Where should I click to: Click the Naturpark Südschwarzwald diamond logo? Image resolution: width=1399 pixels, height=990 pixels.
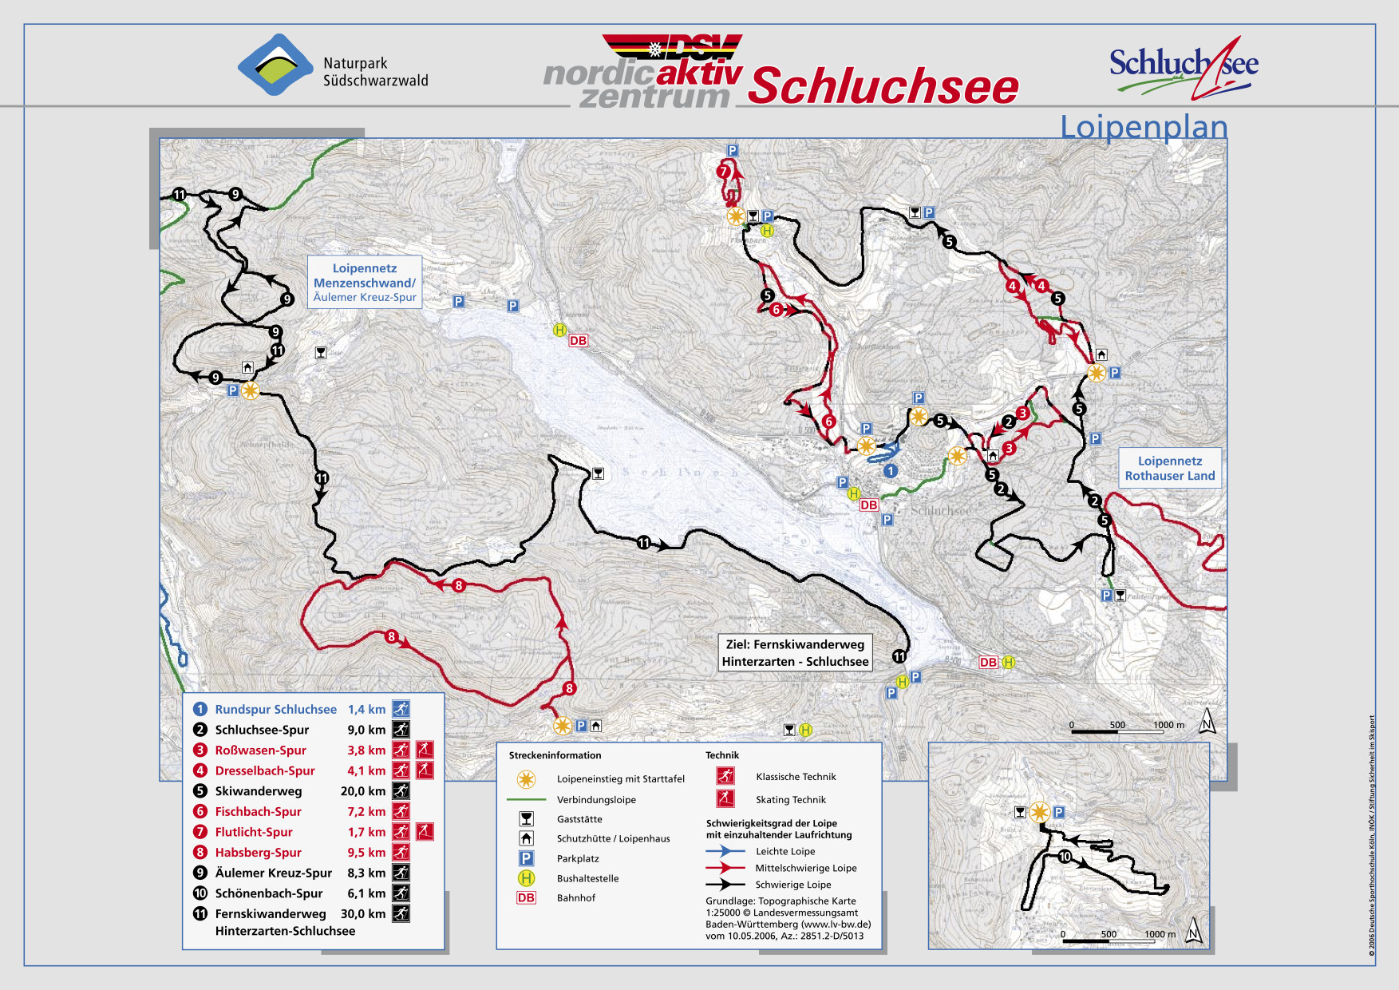pos(275,65)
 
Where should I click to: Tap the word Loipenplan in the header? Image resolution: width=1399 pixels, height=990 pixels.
pos(1143,127)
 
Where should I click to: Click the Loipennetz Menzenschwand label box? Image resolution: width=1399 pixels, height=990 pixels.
pos(365,282)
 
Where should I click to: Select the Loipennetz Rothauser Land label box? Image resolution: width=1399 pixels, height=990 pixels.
pos(1169,468)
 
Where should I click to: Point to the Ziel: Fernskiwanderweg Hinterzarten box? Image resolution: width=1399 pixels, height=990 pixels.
pos(795,653)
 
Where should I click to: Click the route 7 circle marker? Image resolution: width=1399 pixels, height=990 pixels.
pos(724,171)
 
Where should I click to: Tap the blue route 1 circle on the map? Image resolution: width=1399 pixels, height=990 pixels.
pos(891,471)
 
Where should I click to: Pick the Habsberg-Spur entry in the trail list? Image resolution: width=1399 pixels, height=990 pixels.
pos(258,853)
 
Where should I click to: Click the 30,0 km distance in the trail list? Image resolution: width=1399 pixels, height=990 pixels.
pos(363,913)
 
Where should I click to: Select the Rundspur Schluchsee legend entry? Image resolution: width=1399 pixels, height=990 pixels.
pos(275,709)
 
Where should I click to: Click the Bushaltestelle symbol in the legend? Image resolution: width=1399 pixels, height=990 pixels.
pos(526,878)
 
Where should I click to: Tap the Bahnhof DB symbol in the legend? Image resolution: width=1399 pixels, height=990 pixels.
pos(526,898)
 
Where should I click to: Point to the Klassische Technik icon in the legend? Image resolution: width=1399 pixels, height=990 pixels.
pos(725,776)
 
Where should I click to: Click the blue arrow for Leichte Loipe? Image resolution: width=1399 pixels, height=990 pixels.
pos(725,851)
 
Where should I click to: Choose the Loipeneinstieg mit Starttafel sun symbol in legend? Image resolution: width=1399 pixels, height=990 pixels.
pos(526,779)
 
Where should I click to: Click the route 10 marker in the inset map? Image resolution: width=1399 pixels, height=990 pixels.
pos(1065,857)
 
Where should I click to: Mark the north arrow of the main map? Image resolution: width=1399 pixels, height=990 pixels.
pos(1207,721)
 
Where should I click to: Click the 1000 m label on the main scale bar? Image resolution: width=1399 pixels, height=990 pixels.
pos(1168,725)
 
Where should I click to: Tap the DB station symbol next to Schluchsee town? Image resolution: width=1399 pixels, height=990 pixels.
pos(868,505)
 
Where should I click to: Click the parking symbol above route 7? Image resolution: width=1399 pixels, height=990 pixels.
pos(732,150)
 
